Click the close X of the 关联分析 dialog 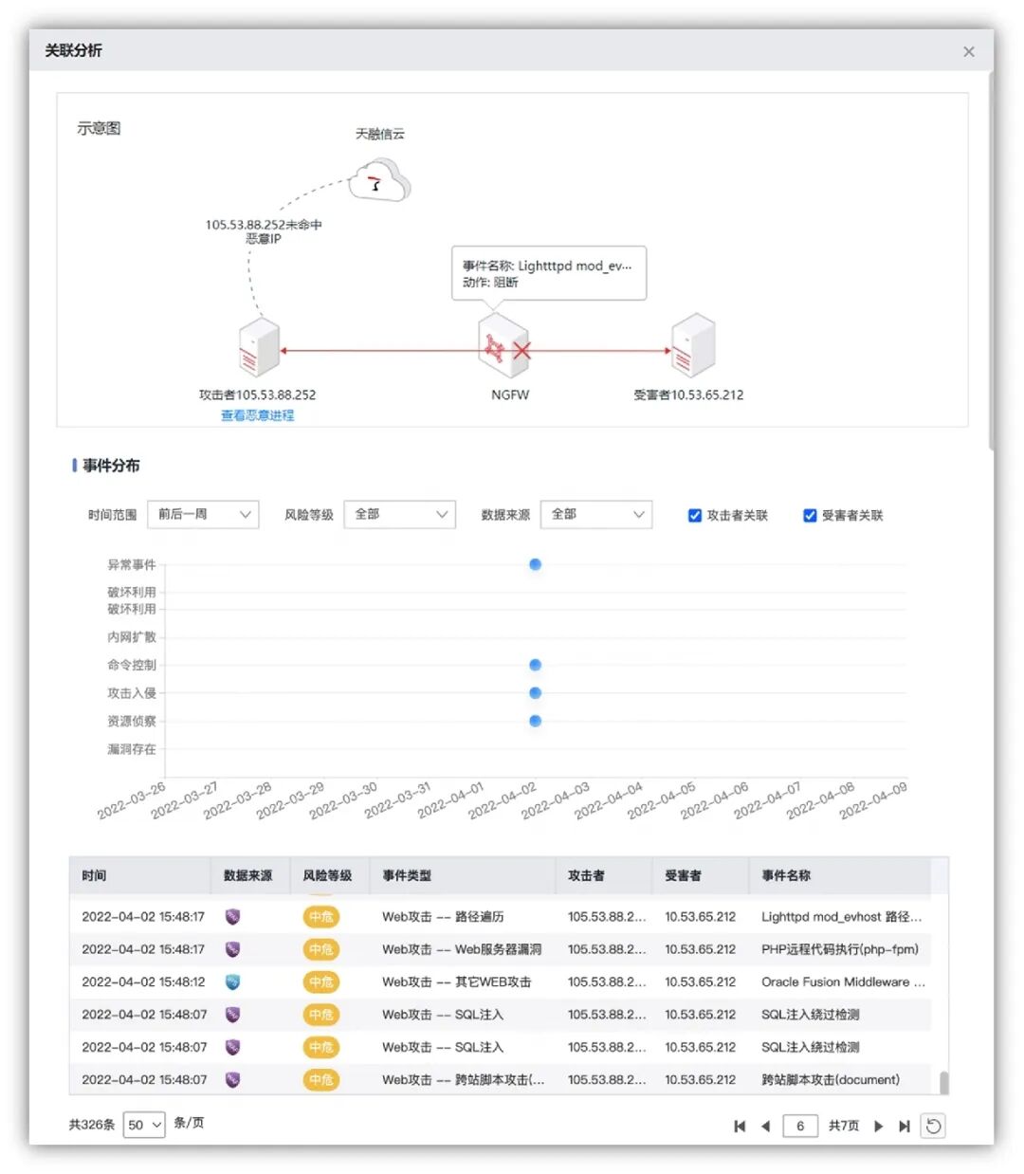968,52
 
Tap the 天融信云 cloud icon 379,180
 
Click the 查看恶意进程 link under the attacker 257,415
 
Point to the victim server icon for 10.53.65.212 693,346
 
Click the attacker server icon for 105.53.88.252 259,347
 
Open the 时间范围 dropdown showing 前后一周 203,514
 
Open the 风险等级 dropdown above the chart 399,514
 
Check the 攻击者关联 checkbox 695,516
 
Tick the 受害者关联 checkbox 810,516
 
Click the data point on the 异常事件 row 536,565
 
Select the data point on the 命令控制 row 536,665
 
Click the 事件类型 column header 407,875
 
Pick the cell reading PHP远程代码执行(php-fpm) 839,949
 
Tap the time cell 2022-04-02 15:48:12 143,981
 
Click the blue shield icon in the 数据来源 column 232,981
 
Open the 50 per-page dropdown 144,1125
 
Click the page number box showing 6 800,1126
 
